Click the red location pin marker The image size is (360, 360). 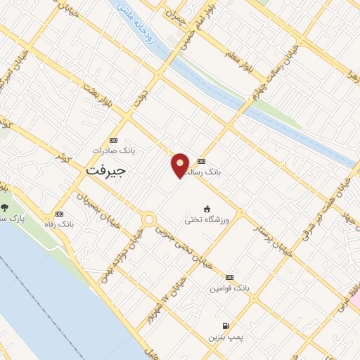[180, 165]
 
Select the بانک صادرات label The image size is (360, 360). [112, 150]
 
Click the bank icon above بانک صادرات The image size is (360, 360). [115, 139]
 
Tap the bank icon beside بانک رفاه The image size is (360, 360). [59, 214]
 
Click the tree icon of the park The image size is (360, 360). [6, 207]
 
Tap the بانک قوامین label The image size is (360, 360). [229, 288]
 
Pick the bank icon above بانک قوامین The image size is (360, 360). [230, 277]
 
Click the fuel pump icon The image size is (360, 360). [225, 326]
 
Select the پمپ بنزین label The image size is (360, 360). [224, 337]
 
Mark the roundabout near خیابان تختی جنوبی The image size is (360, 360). [148, 220]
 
